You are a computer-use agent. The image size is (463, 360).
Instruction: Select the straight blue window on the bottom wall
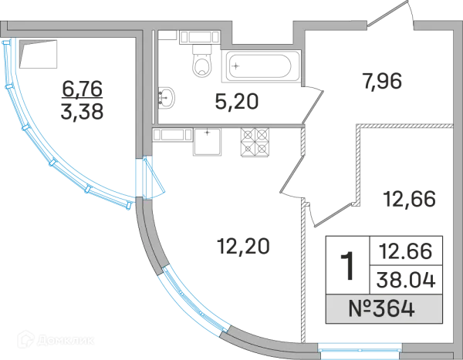(360, 348)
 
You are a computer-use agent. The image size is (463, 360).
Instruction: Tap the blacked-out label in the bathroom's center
(234, 101)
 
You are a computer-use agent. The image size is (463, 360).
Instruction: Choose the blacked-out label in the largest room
(243, 247)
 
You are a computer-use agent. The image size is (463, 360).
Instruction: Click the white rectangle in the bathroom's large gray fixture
(262, 65)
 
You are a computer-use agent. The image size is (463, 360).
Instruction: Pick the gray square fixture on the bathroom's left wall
(169, 97)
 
